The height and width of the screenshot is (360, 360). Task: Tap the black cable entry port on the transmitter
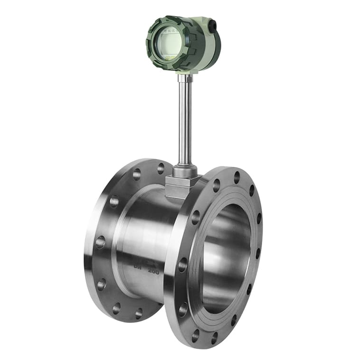click(x=212, y=25)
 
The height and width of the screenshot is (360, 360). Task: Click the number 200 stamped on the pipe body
click(x=153, y=271)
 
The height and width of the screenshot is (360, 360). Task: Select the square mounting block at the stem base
click(x=180, y=186)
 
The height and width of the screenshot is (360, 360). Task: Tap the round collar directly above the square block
click(x=185, y=170)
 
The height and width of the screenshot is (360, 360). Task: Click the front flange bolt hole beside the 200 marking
click(x=183, y=265)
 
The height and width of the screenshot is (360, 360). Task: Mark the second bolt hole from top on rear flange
click(x=137, y=174)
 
